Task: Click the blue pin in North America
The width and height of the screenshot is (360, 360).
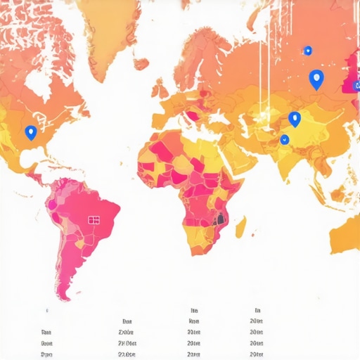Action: point(30,131)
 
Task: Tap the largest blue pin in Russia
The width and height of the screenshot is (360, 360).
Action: point(316,79)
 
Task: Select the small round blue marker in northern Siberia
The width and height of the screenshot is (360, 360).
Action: point(307,50)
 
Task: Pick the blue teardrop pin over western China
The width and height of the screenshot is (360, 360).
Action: point(295,119)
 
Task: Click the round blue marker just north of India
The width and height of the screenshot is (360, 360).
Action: point(284,139)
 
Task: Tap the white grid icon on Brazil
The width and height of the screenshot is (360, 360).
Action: point(94,220)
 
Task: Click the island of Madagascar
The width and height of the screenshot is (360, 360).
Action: point(240,226)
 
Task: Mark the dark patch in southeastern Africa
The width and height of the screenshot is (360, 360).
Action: point(221,219)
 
